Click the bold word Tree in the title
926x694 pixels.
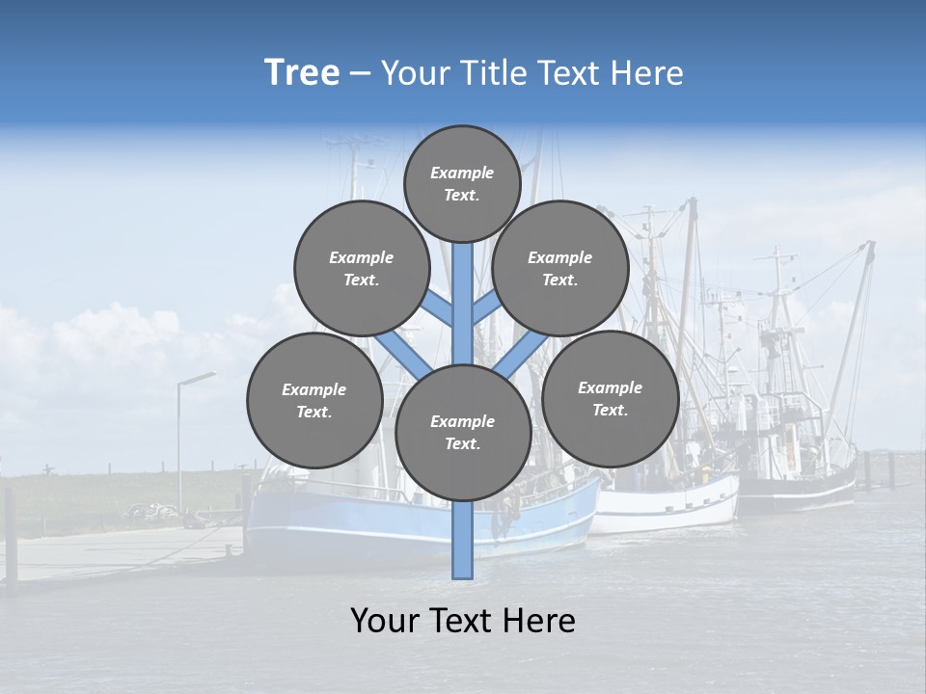coord(302,73)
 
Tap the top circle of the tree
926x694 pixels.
coord(462,183)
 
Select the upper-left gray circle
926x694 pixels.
coord(362,269)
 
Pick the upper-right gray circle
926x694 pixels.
coord(560,269)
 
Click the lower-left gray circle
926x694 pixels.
coord(314,401)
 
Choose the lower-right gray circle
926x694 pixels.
coord(610,399)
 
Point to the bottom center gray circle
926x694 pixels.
coord(463,433)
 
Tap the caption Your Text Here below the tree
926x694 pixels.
coord(463,621)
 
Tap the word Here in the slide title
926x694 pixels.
coord(648,73)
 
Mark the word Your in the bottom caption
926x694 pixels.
coord(386,621)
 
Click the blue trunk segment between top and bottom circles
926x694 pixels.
coord(463,299)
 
